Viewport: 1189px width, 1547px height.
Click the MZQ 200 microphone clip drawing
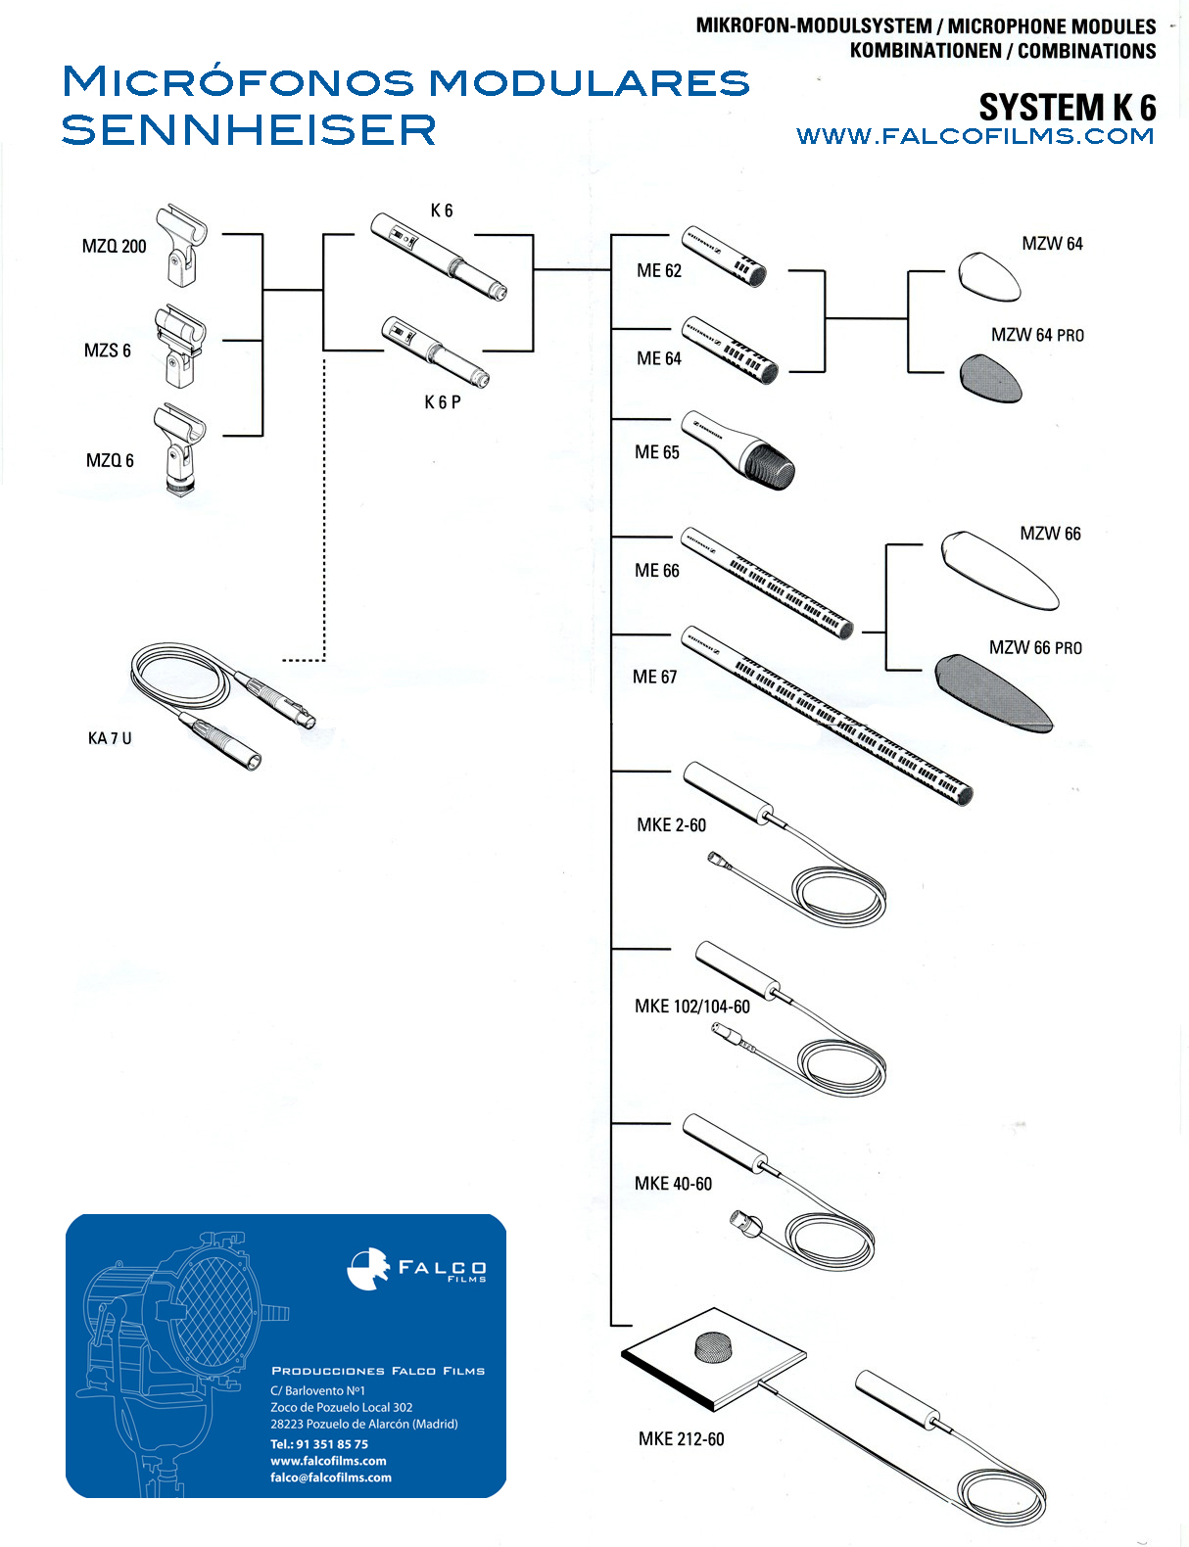coord(182,245)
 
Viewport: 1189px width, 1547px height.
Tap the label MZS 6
coord(107,351)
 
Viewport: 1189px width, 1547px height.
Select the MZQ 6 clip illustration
coord(180,450)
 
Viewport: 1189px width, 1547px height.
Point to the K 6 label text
coord(442,211)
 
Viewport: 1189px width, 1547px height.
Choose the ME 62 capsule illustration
coord(724,256)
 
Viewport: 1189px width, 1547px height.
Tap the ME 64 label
coord(658,358)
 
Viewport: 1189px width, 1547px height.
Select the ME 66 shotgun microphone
coord(767,584)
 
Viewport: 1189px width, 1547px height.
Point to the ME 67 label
coord(654,677)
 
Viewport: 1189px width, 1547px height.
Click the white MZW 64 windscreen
coord(988,277)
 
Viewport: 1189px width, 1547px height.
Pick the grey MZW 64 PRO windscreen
coord(990,378)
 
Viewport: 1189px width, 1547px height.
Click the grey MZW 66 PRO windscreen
coord(993,693)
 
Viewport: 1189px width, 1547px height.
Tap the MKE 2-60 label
coord(671,825)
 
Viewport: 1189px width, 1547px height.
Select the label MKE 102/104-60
coord(691,1007)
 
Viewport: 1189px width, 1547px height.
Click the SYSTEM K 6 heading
coord(1067,107)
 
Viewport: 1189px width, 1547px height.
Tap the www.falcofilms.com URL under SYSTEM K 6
coord(975,136)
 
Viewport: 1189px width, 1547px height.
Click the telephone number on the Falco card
coord(319,1444)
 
